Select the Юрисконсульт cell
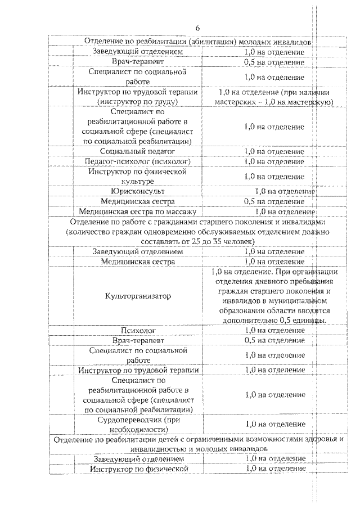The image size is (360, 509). (x=138, y=191)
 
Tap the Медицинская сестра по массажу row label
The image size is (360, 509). (x=138, y=211)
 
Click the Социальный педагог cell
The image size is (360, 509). (x=138, y=151)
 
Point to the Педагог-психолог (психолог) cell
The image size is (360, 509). (x=138, y=161)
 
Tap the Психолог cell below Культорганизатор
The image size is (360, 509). (x=138, y=330)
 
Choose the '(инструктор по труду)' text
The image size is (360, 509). (x=138, y=102)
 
